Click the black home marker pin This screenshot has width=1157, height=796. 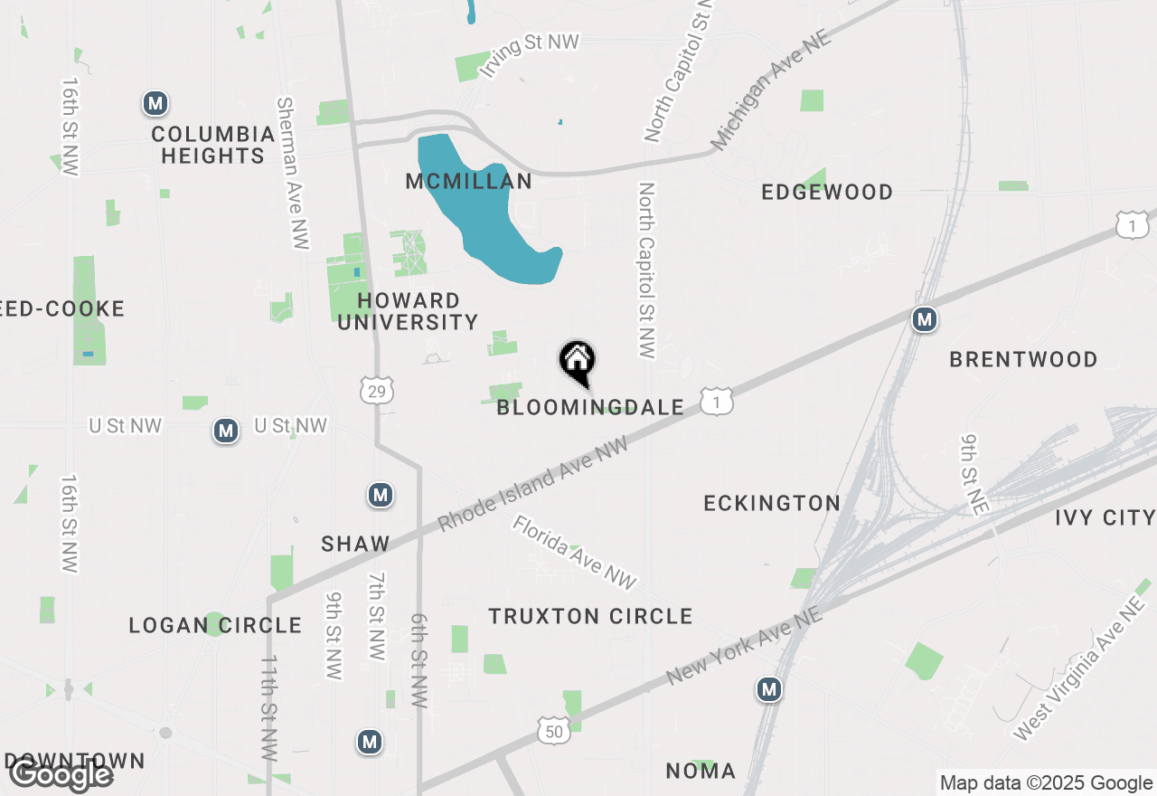click(x=577, y=363)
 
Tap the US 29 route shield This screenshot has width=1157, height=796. click(x=376, y=390)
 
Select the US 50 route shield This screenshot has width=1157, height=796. click(x=552, y=730)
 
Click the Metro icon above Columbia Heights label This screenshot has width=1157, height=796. click(x=155, y=104)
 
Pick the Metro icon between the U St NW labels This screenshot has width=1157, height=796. click(x=226, y=431)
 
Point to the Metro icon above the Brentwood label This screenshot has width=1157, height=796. click(x=924, y=319)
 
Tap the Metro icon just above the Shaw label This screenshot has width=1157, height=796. click(x=381, y=496)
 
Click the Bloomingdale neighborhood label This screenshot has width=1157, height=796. click(x=590, y=408)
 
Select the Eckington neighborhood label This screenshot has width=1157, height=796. click(x=772, y=503)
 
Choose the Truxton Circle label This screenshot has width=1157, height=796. click(x=590, y=617)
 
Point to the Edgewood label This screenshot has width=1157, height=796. click(x=827, y=192)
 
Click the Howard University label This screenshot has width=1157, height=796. click(x=408, y=311)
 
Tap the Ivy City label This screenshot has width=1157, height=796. click(x=1105, y=518)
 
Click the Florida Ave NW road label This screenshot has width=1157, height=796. click(x=576, y=553)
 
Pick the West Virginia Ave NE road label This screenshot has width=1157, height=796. click(x=1079, y=668)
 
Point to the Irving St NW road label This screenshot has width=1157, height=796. click(x=529, y=54)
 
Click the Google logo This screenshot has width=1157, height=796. click(x=61, y=774)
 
